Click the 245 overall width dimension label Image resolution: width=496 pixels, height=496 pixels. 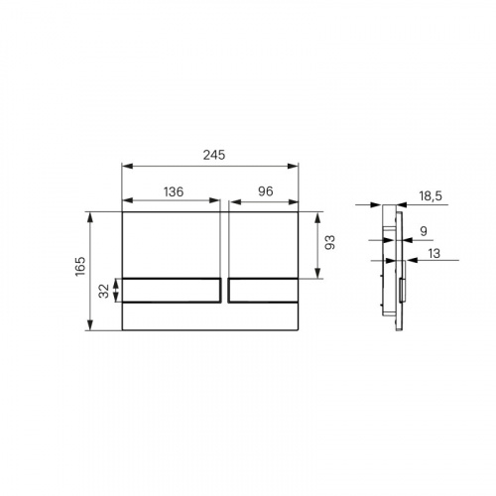214,155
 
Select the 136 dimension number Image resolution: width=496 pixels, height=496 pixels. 174,191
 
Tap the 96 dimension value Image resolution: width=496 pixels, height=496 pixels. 266,191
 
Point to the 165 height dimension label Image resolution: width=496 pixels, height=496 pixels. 80,266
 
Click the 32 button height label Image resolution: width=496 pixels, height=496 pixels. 104,291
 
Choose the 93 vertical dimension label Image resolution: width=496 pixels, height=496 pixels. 330,242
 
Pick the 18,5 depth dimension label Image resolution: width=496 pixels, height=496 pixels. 431,196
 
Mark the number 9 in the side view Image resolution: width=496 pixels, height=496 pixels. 424,231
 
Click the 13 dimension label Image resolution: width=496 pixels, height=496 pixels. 434,254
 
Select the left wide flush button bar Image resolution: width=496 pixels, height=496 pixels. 172,291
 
